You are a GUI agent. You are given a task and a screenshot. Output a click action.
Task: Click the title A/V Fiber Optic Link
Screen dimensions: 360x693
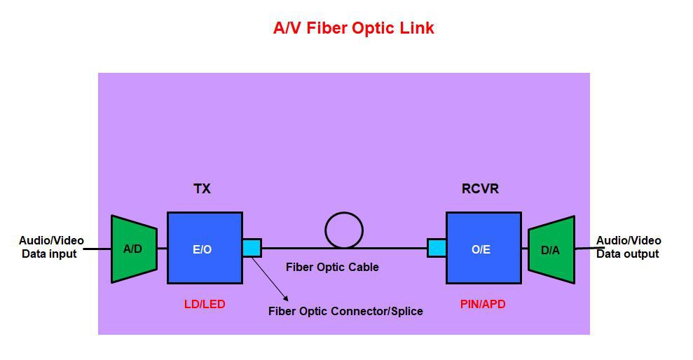(x=353, y=28)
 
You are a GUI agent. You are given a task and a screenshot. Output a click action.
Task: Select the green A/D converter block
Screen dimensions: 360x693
(x=133, y=249)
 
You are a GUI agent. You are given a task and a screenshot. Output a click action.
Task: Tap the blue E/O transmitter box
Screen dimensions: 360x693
(x=205, y=248)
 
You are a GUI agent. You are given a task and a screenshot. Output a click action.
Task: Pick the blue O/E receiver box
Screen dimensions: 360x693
(x=483, y=248)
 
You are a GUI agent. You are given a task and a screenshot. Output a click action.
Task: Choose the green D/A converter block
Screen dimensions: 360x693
(x=551, y=249)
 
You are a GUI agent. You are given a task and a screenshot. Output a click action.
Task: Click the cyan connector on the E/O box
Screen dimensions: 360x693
(x=252, y=248)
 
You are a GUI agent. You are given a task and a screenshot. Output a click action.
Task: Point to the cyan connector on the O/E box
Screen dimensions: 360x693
(x=437, y=248)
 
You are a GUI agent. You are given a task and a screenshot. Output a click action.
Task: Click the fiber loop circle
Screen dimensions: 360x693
(x=344, y=230)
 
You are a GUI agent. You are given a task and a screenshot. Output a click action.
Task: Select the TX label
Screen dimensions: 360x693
(x=202, y=189)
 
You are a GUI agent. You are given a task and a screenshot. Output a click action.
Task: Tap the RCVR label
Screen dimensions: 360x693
(x=480, y=189)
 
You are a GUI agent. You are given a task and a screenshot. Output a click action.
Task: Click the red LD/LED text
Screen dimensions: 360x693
(x=205, y=305)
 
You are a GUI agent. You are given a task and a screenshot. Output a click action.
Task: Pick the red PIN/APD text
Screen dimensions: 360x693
(x=483, y=305)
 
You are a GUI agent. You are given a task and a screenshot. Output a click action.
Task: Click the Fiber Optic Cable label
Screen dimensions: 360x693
(x=332, y=267)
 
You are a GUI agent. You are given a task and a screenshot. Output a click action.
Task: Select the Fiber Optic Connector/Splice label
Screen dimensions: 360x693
(x=345, y=311)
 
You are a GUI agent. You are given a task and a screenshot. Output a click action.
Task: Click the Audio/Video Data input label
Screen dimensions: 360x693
(x=50, y=247)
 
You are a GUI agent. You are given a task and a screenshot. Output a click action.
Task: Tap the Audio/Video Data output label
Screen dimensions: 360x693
(x=628, y=247)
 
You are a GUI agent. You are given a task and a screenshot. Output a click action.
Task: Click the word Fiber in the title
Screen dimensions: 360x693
(x=327, y=28)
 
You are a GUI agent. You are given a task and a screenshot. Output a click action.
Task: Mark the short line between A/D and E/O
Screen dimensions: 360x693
(x=162, y=248)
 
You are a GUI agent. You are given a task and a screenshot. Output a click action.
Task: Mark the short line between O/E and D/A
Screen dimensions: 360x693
(x=525, y=248)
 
